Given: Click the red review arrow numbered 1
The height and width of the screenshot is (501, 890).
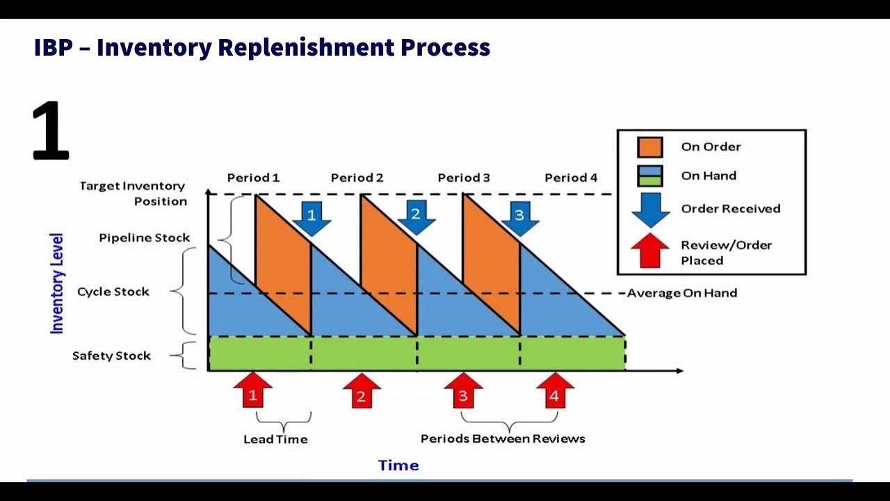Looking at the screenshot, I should pyautogui.click(x=253, y=391).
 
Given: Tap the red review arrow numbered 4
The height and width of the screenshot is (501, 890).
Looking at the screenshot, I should pyautogui.click(x=555, y=391).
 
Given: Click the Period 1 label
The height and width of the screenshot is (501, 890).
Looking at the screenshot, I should pyautogui.click(x=253, y=177).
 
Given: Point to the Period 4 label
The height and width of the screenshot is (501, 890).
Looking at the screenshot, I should pyautogui.click(x=571, y=177).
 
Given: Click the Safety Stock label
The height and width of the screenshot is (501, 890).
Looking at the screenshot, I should pyautogui.click(x=111, y=356).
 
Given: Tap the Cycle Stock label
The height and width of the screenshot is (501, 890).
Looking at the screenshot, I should pyautogui.click(x=113, y=292).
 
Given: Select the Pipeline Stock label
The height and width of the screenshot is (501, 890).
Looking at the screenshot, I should pyautogui.click(x=144, y=237).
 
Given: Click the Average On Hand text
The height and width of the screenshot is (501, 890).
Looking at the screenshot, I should pyautogui.click(x=681, y=293).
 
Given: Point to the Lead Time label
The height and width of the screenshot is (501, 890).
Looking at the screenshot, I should pyautogui.click(x=275, y=439).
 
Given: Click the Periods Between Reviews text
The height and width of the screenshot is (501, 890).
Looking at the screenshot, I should pyautogui.click(x=503, y=438).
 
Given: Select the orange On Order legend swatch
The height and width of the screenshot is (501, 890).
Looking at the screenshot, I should pyautogui.click(x=650, y=147).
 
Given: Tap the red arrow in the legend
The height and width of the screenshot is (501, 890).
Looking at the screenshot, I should pyautogui.click(x=650, y=251).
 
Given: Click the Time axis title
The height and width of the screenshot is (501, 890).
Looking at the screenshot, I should pyautogui.click(x=398, y=465).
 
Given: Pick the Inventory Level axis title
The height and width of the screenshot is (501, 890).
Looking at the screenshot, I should pyautogui.click(x=57, y=283).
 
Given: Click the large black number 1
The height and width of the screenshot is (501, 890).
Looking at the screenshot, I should pyautogui.click(x=50, y=131).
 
